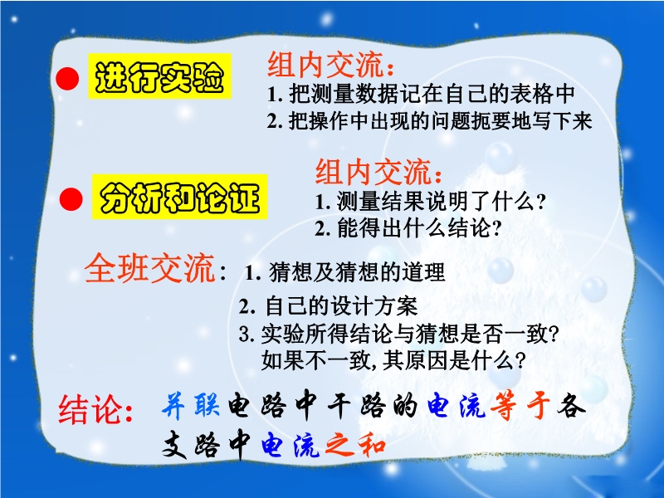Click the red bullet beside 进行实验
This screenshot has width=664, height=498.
pyautogui.click(x=67, y=79)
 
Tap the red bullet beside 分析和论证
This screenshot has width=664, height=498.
pyautogui.click(x=71, y=199)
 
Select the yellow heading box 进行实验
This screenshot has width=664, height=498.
pyautogui.click(x=159, y=76)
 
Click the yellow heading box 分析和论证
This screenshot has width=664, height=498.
pyautogui.click(x=179, y=197)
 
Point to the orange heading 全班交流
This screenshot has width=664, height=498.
pyautogui.click(x=149, y=268)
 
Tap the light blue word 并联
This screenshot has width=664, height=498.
pyautogui.click(x=191, y=405)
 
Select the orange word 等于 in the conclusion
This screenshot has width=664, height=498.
pyautogui.click(x=520, y=405)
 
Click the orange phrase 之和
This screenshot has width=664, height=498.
pyautogui.click(x=356, y=445)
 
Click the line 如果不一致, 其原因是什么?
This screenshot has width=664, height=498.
pyautogui.click(x=393, y=361)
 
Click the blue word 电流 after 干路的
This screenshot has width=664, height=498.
pyautogui.click(x=456, y=405)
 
